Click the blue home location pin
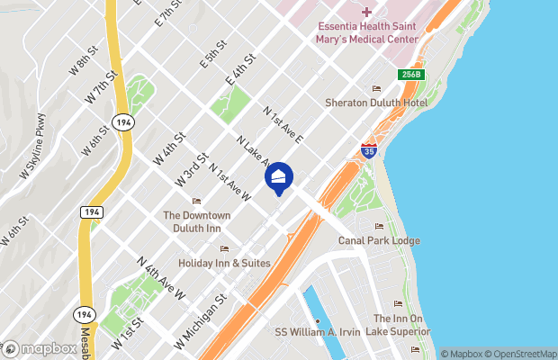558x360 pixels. [x=279, y=177]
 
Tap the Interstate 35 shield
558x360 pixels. [x=368, y=150]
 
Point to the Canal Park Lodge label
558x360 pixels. [x=379, y=240]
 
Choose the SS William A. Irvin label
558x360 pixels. [x=318, y=331]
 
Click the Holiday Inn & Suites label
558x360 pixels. [x=224, y=263]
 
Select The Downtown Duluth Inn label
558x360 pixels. [x=196, y=221]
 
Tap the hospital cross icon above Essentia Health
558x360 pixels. [x=366, y=12]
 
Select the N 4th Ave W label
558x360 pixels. [x=161, y=277]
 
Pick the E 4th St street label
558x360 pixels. [x=240, y=70]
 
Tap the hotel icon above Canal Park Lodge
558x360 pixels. [x=379, y=227]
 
